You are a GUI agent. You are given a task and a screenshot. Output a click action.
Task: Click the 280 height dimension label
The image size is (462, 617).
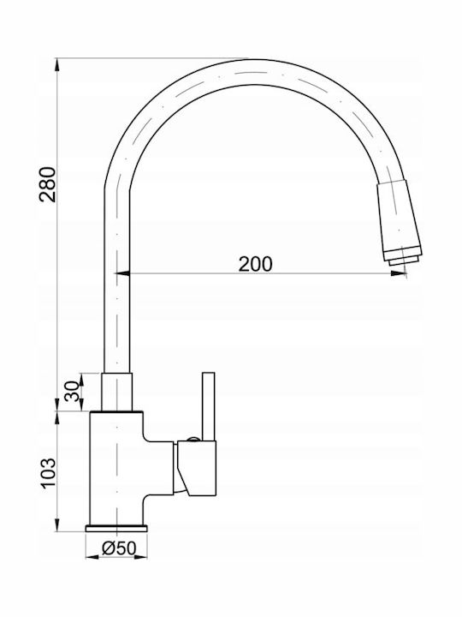click(48, 184)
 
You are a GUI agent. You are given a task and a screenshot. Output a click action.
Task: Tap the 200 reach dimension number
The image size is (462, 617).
click(255, 265)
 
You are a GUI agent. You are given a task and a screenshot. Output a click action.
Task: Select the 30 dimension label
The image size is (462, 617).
click(72, 391)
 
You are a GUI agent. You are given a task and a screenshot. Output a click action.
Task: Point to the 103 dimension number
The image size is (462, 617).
click(49, 472)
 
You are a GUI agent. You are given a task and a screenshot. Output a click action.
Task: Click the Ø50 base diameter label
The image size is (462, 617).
click(119, 548)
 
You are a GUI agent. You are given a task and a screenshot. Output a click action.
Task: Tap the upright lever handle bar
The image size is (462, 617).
click(209, 406)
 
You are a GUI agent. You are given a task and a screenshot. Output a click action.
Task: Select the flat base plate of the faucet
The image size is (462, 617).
click(116, 528)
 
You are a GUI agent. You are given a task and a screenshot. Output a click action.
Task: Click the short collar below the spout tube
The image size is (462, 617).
click(116, 392)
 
